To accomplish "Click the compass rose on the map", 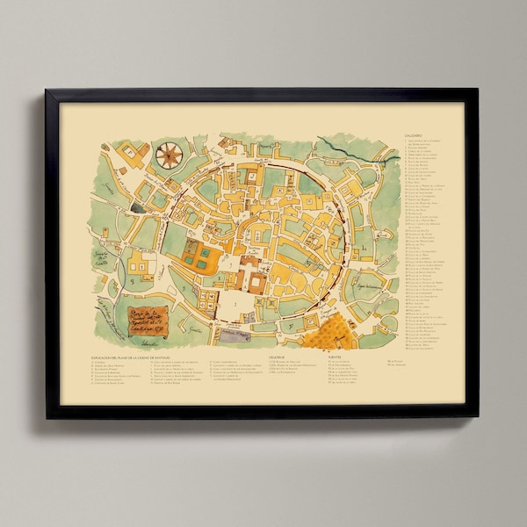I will [168, 155].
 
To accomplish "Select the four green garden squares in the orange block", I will [199, 257].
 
